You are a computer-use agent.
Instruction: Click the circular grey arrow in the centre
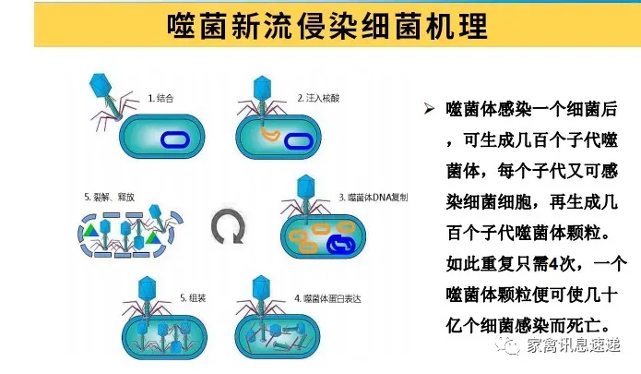click(227, 227)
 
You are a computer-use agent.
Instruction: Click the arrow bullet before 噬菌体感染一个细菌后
click(428, 110)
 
